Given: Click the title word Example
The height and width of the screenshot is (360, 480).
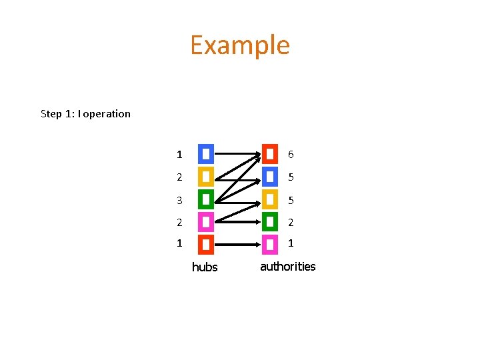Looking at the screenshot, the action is tap(240, 45).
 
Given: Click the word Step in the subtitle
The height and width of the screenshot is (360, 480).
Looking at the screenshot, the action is tap(51, 114).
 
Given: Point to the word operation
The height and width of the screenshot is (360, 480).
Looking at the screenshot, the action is tap(107, 114).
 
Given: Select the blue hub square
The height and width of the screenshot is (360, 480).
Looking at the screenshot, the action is tap(206, 154).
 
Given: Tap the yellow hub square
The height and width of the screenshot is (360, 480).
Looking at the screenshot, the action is tap(206, 177).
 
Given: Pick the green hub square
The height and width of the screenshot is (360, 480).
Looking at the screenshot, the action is tap(206, 199).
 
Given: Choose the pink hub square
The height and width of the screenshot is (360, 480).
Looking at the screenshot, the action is tap(206, 221).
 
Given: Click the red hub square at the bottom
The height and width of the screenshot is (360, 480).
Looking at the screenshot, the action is tap(206, 244).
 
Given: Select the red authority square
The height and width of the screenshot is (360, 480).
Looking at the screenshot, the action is tap(270, 154).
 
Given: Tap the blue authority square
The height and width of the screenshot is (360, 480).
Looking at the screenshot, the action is tap(270, 177).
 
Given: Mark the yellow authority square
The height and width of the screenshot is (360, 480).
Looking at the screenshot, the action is tap(270, 199).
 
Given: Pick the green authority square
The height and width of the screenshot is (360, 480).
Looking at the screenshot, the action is tap(270, 221).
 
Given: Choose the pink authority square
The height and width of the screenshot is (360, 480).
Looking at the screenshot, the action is tap(270, 244).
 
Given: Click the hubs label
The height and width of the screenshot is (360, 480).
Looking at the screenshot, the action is tap(205, 267).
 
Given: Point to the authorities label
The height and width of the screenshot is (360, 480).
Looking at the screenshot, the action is tap(287, 267).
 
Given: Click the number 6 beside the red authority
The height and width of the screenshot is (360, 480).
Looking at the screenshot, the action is tap(291, 155).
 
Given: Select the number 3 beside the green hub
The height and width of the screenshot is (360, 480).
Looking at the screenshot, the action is tap(179, 200).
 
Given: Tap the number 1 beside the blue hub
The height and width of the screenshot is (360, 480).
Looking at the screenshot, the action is tap(179, 155).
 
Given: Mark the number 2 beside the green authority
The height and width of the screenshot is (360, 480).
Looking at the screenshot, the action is tap(291, 222).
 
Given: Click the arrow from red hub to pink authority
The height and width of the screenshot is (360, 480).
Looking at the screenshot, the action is tap(237, 245).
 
